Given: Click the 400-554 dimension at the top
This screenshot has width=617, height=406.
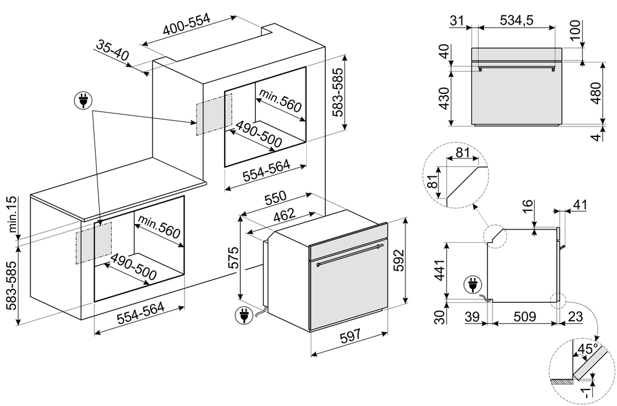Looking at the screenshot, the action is [188, 25].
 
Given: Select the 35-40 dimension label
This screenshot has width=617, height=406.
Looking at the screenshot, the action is [112, 50].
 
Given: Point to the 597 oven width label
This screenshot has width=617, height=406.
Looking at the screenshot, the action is [350, 335].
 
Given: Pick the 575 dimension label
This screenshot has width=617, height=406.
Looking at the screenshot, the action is [234, 258].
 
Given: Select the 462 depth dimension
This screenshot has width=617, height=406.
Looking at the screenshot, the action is [284, 215].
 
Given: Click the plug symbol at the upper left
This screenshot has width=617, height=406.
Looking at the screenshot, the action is [83, 100].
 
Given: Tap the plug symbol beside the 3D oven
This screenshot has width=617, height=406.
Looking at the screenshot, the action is [243, 315].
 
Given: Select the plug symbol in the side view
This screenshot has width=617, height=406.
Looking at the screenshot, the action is [472, 285].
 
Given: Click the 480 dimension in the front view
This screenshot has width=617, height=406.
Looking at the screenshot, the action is [596, 93].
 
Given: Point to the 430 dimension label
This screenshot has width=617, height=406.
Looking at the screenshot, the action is [443, 98].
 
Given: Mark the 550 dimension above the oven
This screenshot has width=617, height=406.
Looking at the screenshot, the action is [275, 198].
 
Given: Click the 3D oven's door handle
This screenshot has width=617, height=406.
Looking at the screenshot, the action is [350, 254].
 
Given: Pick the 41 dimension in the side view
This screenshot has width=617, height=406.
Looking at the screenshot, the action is [580, 204].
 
